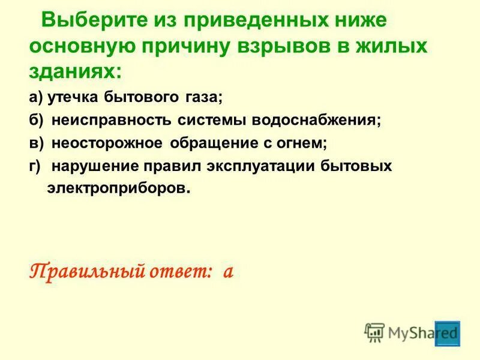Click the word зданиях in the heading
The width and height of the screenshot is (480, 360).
(74, 71)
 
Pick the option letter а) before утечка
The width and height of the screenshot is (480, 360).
(35, 97)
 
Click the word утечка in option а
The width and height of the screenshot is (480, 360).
(71, 97)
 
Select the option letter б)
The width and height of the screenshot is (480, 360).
(36, 120)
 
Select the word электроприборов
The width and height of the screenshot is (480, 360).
(118, 188)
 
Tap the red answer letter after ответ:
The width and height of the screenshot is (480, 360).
(227, 272)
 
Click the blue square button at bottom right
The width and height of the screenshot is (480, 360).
(448, 333)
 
